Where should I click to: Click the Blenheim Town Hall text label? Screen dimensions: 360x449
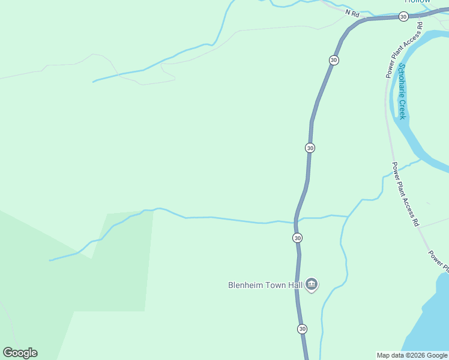(265, 286)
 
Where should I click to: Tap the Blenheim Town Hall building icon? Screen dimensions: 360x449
(312, 284)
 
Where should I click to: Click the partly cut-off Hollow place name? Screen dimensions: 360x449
(418, 2)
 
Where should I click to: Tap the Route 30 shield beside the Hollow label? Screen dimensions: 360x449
(403, 16)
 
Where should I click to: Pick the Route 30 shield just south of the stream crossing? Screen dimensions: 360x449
(298, 238)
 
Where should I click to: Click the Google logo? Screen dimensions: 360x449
(20, 353)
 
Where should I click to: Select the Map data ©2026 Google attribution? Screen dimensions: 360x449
(412, 355)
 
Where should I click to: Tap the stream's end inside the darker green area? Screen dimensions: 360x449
(50, 260)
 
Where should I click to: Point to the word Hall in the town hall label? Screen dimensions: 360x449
(295, 286)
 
